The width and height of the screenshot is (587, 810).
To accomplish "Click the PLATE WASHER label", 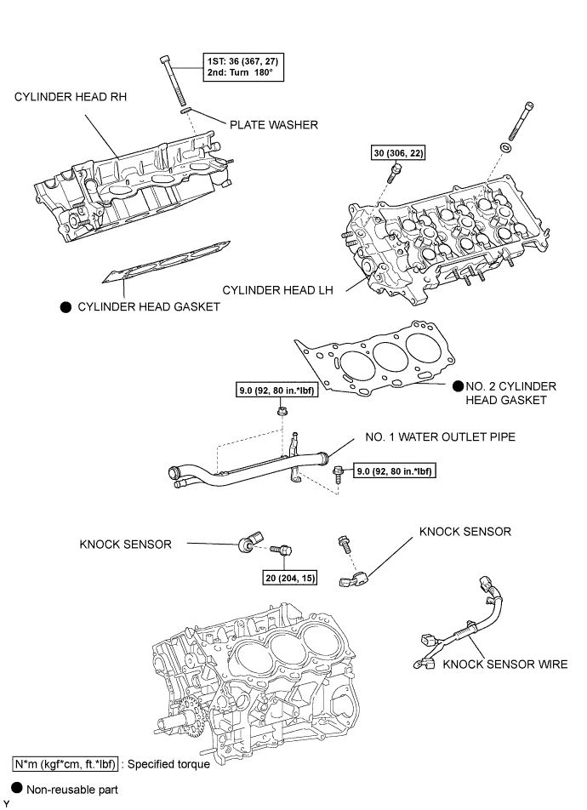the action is pos(273,125).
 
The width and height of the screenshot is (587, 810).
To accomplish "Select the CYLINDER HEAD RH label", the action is pos(71,97).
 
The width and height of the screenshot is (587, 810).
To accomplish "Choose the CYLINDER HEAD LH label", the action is pos(278,290).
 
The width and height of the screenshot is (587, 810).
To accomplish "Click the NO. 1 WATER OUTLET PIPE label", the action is pos(441,437).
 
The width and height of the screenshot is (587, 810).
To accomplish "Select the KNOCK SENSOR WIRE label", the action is pos(504,665).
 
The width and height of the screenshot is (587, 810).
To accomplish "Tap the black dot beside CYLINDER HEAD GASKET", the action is pos(66,307).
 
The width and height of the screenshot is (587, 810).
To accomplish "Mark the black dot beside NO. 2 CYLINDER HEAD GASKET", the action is pos(458,386).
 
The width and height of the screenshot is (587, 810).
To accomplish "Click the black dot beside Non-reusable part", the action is pos(17,788).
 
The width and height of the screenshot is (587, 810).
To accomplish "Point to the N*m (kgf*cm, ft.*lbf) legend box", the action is pos(66,764).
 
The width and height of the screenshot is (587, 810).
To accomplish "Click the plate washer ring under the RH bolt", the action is pos(186,110).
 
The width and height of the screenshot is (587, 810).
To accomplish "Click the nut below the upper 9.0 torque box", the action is pos(282,412).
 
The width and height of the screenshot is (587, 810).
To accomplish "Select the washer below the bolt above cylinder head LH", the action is pos(504,147).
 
